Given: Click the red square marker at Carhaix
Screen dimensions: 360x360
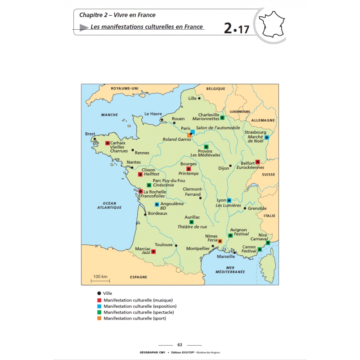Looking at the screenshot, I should (x=108, y=143).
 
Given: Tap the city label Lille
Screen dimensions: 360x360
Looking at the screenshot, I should (x=193, y=98).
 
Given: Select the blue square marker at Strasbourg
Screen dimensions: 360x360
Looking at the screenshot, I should (x=267, y=137).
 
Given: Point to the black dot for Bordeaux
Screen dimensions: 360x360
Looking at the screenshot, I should (x=145, y=214).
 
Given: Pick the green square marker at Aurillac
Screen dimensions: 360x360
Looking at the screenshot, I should (x=191, y=222).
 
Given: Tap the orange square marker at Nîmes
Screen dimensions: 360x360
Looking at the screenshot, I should (x=220, y=241).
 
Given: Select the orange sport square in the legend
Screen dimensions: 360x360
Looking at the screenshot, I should (x=99, y=319).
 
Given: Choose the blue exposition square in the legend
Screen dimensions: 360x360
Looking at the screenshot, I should (x=99, y=306).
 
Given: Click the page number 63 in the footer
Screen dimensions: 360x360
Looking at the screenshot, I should (x=180, y=345).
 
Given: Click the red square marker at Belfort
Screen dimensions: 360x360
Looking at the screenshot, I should (x=258, y=162).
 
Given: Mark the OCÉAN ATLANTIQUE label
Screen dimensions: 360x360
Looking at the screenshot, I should (x=110, y=206).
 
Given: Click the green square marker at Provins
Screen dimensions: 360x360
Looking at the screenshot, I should (x=206, y=147).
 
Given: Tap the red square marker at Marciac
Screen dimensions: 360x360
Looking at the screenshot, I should (x=153, y=252).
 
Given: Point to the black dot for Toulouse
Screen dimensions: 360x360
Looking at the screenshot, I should (x=176, y=246).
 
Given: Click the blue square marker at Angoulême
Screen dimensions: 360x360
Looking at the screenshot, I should (x=157, y=204).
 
